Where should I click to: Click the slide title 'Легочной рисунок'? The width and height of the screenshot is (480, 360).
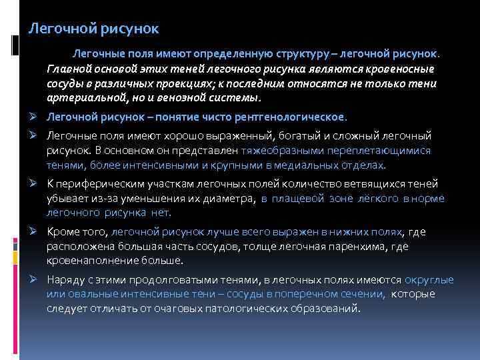93,29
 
